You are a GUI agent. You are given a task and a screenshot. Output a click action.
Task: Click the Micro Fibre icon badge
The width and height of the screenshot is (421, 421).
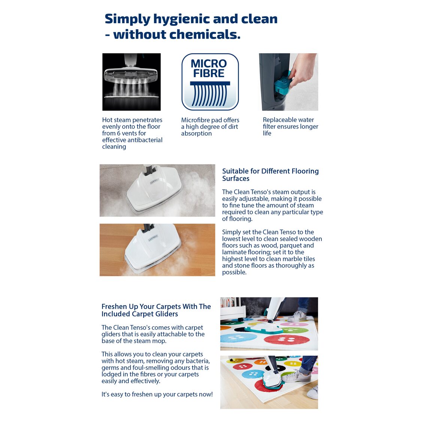(x=210, y=82)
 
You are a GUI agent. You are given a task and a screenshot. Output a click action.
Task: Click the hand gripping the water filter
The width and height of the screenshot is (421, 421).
(x=302, y=69)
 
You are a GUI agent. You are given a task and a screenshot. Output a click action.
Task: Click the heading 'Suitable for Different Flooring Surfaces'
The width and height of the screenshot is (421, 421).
(x=270, y=175)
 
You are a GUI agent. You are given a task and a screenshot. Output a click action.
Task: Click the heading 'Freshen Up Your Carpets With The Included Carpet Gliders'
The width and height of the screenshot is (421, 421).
(x=156, y=310)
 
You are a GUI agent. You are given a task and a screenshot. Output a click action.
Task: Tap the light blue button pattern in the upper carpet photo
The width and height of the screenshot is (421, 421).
(x=238, y=338)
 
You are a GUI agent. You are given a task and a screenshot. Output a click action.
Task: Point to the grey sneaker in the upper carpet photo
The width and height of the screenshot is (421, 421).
(x=298, y=316)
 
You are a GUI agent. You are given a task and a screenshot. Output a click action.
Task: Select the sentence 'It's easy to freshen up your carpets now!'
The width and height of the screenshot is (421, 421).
(x=157, y=394)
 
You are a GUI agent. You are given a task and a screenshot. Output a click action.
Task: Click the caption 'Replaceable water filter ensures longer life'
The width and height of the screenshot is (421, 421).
(x=290, y=127)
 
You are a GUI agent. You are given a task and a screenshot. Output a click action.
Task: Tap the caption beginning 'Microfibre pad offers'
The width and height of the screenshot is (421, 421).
(x=210, y=127)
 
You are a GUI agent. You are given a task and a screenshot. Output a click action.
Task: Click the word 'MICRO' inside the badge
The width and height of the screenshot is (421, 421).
(x=209, y=64)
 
